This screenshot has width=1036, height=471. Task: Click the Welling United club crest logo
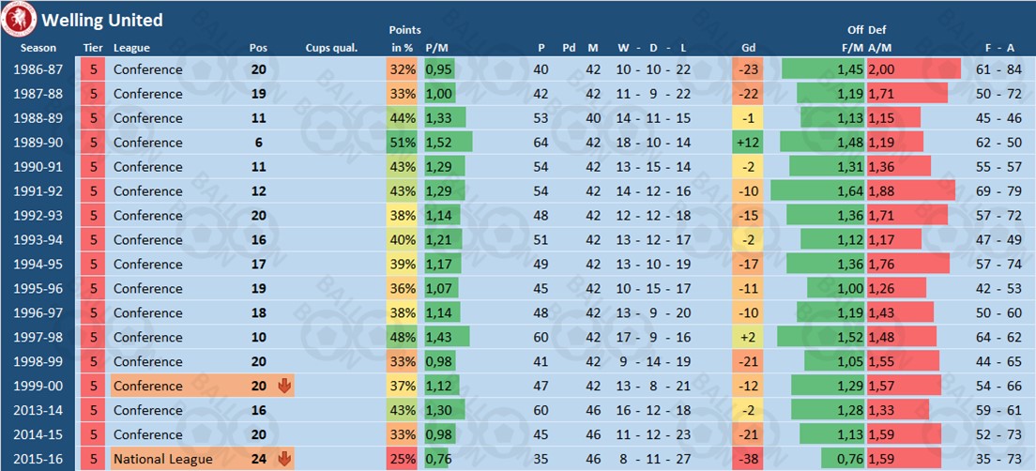[x=20, y=19]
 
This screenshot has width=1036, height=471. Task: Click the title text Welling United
[x=101, y=20]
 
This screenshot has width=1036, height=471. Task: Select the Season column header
[x=39, y=48]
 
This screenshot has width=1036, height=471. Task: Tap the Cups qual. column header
[x=331, y=48]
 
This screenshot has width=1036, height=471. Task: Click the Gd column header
[x=748, y=48]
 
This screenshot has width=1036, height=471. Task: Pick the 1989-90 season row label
[x=39, y=143]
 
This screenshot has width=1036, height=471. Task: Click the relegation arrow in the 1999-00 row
[x=285, y=386]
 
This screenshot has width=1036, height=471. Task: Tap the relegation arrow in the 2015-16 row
[x=285, y=459]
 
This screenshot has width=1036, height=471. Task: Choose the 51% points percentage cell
[x=403, y=143]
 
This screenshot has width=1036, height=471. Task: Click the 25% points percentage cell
[x=403, y=459]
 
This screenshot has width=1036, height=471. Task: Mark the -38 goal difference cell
[x=748, y=459]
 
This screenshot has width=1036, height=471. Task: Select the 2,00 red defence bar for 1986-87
[x=913, y=69]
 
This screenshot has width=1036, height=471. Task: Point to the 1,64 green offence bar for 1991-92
[x=816, y=191]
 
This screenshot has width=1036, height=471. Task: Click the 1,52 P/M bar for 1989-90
[x=448, y=143]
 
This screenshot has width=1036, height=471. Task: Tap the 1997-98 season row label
[x=39, y=337]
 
